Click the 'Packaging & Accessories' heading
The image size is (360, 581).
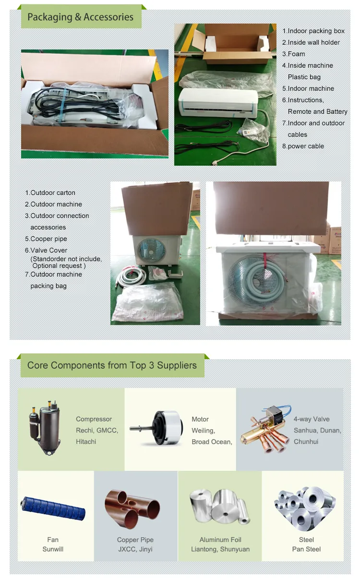click(80, 17)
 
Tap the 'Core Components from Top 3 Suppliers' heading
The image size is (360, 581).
click(112, 365)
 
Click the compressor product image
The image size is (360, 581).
click(47, 428)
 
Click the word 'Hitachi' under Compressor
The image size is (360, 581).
click(86, 442)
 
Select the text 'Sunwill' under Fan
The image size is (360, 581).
click(53, 549)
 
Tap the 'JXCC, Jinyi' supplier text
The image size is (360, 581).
click(135, 549)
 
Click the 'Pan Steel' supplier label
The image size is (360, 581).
click(306, 549)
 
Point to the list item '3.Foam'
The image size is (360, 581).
click(293, 54)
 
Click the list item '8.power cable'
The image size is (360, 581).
click(303, 146)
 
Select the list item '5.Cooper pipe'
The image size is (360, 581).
click(46, 239)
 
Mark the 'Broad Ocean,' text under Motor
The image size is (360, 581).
click(212, 442)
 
